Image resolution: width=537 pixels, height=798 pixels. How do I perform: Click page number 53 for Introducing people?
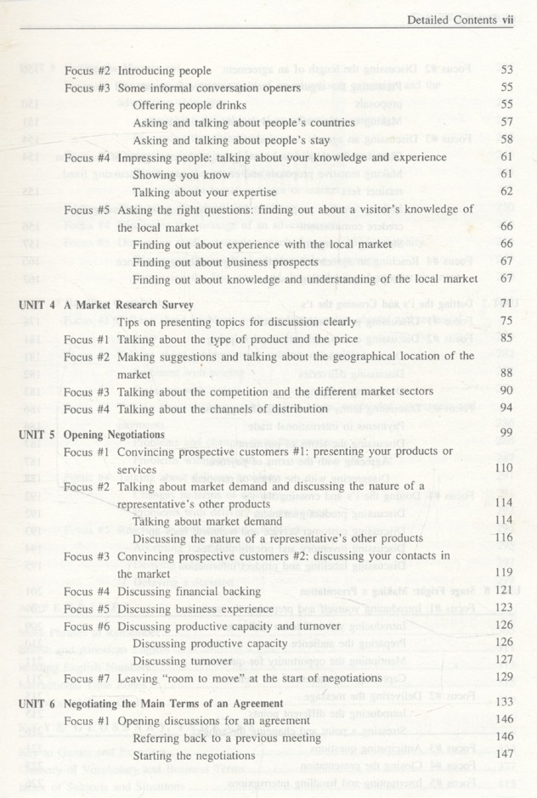point(506,70)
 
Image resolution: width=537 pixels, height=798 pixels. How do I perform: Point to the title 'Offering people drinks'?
point(189,105)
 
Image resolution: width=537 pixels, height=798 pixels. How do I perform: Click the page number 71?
point(506,304)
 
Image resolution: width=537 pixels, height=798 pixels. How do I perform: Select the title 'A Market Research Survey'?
point(128,304)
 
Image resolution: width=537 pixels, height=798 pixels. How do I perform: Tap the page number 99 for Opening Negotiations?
point(506,434)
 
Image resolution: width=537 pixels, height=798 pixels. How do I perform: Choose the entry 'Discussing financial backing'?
point(189,591)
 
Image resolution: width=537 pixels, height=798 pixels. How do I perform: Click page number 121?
point(504,591)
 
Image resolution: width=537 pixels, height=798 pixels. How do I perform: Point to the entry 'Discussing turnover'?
point(182,660)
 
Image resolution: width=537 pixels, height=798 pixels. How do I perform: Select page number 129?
point(504,677)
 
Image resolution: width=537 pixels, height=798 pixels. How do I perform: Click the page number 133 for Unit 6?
point(504,703)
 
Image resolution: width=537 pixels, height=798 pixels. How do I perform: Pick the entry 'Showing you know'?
point(181,175)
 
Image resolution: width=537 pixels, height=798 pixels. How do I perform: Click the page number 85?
point(506,339)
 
